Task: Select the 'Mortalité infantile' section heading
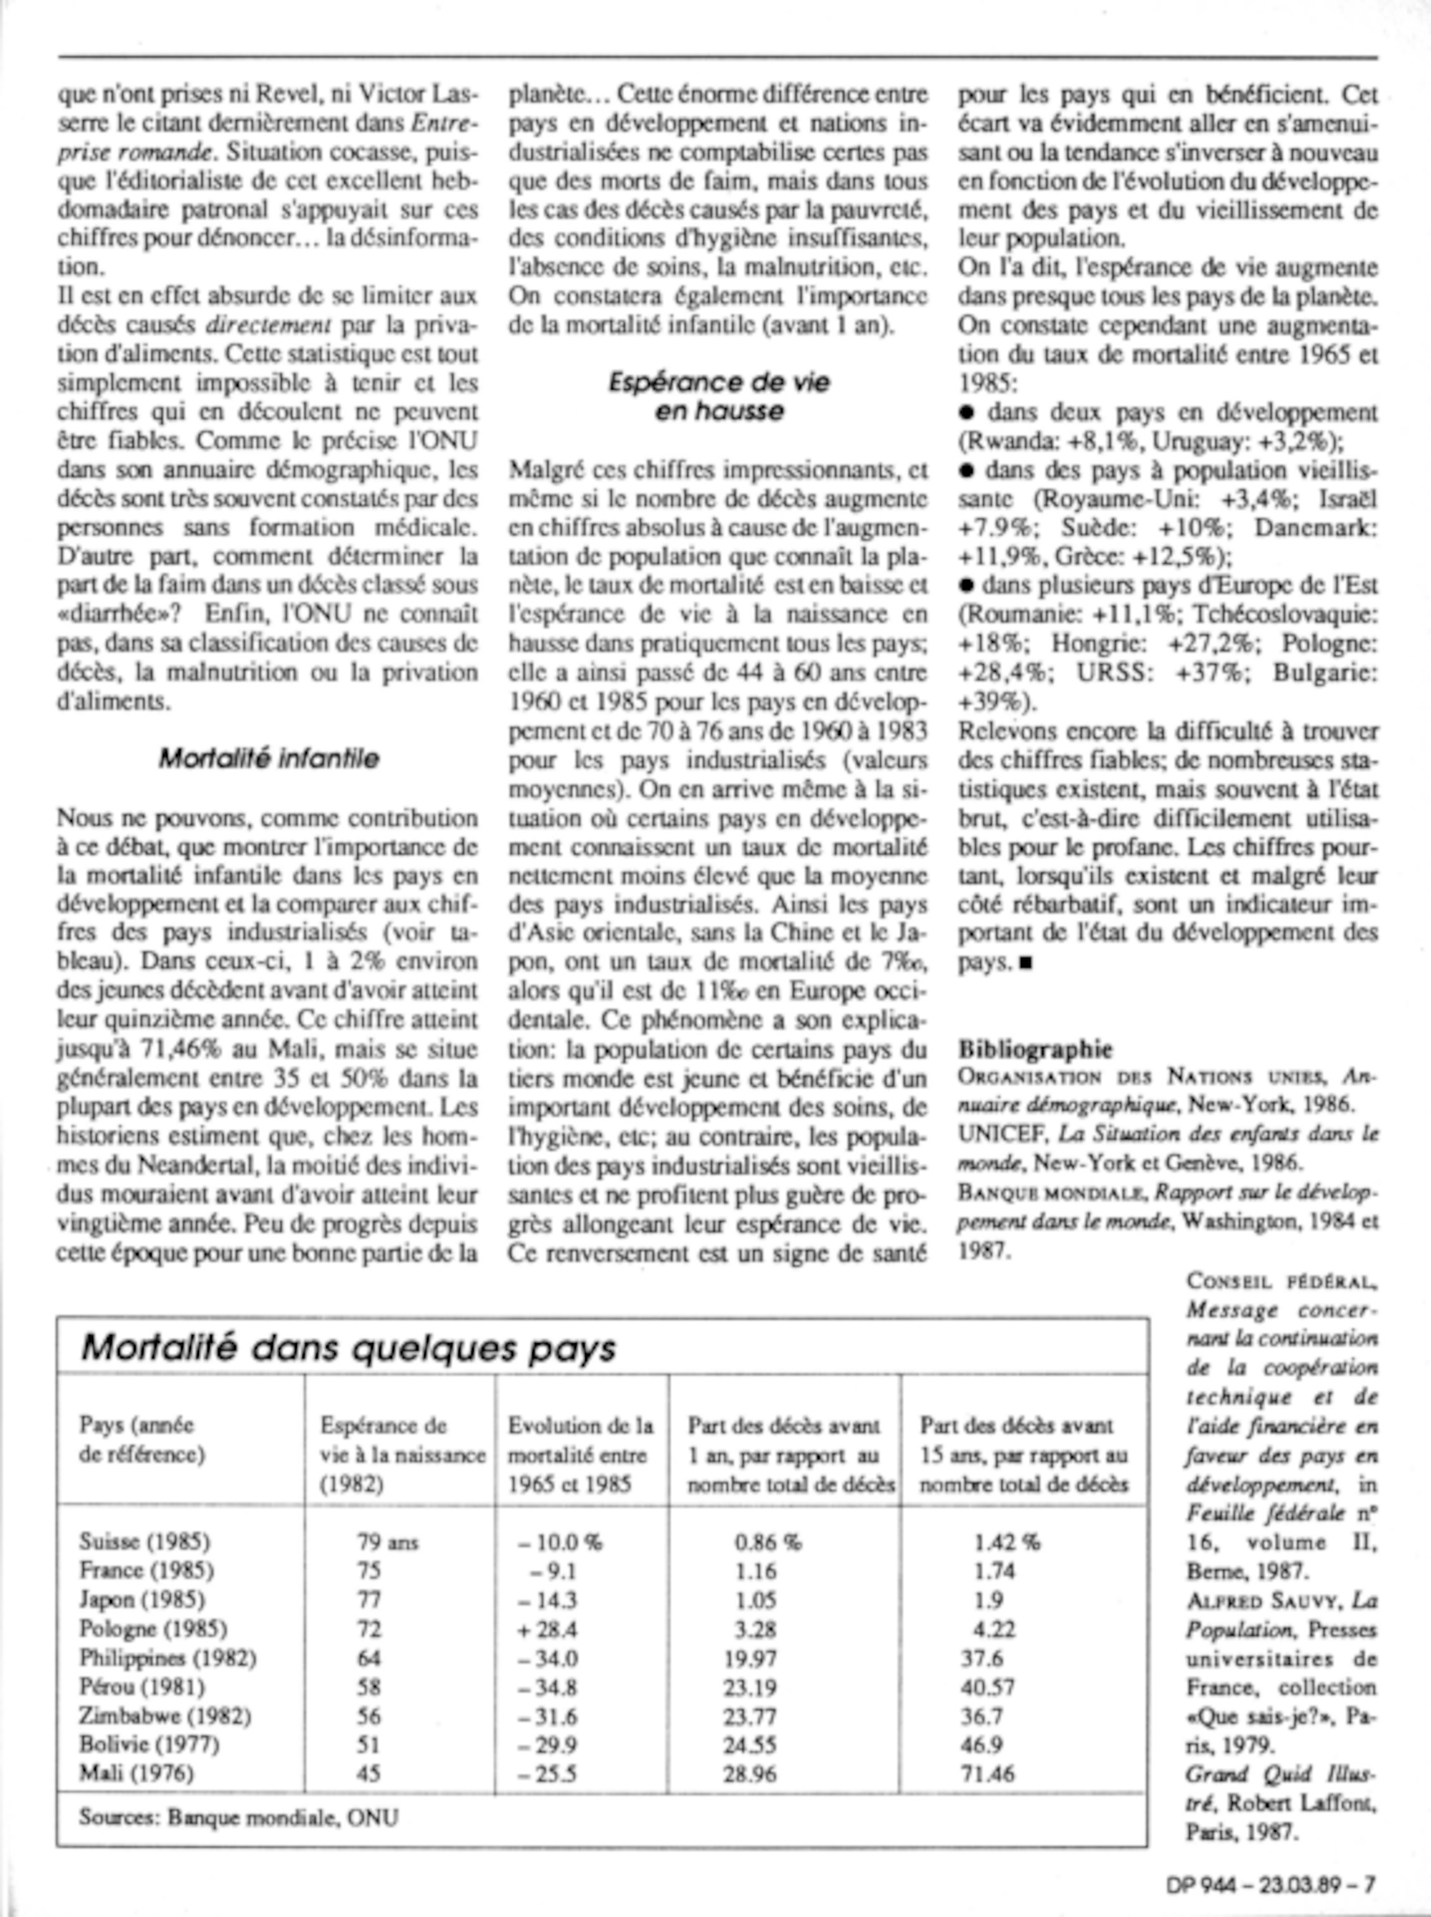(x=268, y=758)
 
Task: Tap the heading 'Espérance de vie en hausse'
(x=718, y=396)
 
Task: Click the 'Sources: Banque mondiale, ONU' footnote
(x=238, y=1817)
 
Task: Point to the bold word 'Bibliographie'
(x=1035, y=1049)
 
